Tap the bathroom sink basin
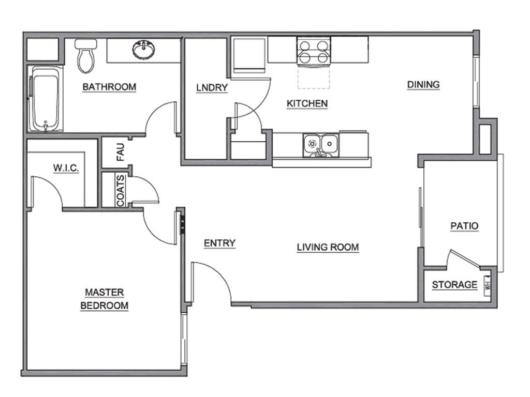143,51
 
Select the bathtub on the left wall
47,99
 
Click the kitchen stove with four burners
313,52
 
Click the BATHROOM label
109,87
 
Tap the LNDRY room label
212,87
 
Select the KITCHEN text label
307,104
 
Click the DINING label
423,84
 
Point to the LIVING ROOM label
328,247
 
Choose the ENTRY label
219,243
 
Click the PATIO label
464,226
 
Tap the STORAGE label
454,285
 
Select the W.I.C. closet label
66,168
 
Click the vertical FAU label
121,152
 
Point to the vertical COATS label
121,190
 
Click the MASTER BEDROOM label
104,299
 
